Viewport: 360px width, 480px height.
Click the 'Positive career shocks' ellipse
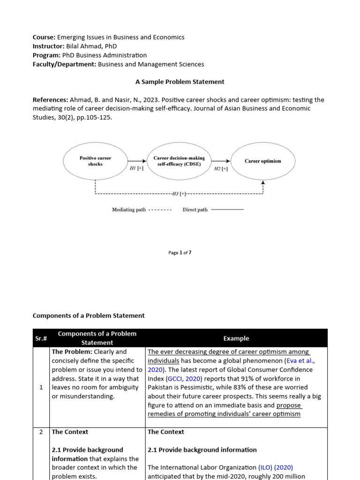(95, 161)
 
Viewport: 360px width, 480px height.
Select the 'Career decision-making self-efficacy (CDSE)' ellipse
(179, 161)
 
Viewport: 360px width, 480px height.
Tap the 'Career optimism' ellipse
(262, 161)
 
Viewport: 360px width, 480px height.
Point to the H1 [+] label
(136, 169)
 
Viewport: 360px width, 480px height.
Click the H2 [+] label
(221, 169)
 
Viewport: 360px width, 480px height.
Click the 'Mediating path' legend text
(129, 210)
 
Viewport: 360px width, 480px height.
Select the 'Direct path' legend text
(195, 210)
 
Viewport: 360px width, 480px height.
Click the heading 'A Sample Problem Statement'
(180, 82)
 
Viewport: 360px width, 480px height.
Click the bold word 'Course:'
(44, 37)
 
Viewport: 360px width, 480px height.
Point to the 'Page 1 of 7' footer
(180, 253)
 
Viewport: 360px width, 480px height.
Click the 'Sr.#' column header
(41, 338)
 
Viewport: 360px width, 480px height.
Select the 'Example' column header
(236, 338)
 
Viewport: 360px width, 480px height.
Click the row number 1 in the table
(41, 387)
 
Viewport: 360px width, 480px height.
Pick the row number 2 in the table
(41, 432)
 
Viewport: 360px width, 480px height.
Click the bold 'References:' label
(50, 100)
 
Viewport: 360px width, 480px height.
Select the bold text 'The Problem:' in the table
(72, 352)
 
